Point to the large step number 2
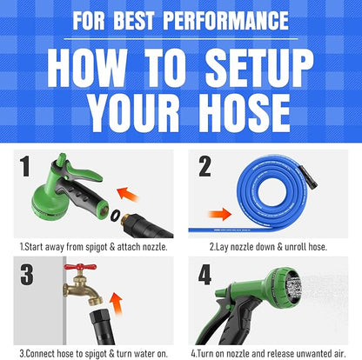click(204, 165)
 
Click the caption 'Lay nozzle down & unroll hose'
click(268, 246)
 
